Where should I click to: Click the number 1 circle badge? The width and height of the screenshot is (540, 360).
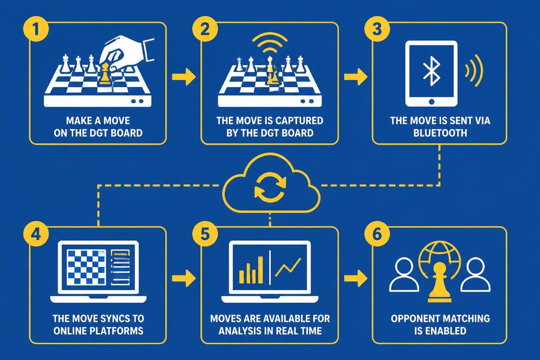tap(36, 30)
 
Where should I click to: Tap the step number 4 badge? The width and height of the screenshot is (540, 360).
tap(36, 234)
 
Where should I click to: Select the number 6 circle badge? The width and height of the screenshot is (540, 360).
tap(377, 234)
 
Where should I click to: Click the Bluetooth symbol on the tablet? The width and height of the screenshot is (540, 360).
tap(432, 71)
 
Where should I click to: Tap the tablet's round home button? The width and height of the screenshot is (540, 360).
tap(432, 102)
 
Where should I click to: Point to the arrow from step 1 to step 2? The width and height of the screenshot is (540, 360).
tap(184, 76)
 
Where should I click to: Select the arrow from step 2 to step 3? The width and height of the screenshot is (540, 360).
tap(355, 76)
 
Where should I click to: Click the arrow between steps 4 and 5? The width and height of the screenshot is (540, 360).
tap(184, 278)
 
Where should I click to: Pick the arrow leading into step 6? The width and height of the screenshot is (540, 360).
tap(355, 278)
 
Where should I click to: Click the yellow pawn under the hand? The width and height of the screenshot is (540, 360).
tap(104, 74)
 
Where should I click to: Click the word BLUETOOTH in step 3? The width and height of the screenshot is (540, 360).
tap(440, 133)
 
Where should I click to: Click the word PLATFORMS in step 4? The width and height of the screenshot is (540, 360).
tap(120, 331)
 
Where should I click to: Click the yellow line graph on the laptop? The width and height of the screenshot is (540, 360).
tap(288, 267)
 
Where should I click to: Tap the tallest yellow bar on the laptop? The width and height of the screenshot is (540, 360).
tap(261, 270)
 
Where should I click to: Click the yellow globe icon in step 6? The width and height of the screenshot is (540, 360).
tap(440, 258)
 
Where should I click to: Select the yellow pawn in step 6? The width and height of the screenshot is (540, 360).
tap(440, 282)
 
